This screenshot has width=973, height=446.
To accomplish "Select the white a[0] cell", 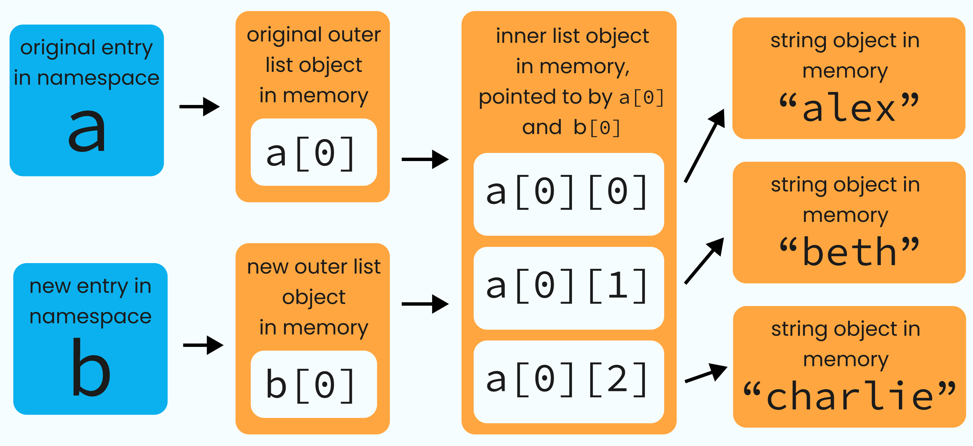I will pos(314,152).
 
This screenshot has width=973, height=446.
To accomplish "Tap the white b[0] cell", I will pos(314,384).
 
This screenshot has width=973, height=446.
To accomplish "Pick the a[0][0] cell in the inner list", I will pos(568,194).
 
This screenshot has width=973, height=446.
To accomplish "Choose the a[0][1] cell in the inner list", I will pos(568,288).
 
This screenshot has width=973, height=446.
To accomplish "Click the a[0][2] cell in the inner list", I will pos(568,381).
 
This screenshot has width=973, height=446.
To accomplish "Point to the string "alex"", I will pos(848,108).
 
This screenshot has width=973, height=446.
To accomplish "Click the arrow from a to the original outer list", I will pos(199,107).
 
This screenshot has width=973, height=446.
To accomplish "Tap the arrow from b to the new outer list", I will pos(203,345).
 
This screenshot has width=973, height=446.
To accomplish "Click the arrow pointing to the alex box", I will pos(705,145).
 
